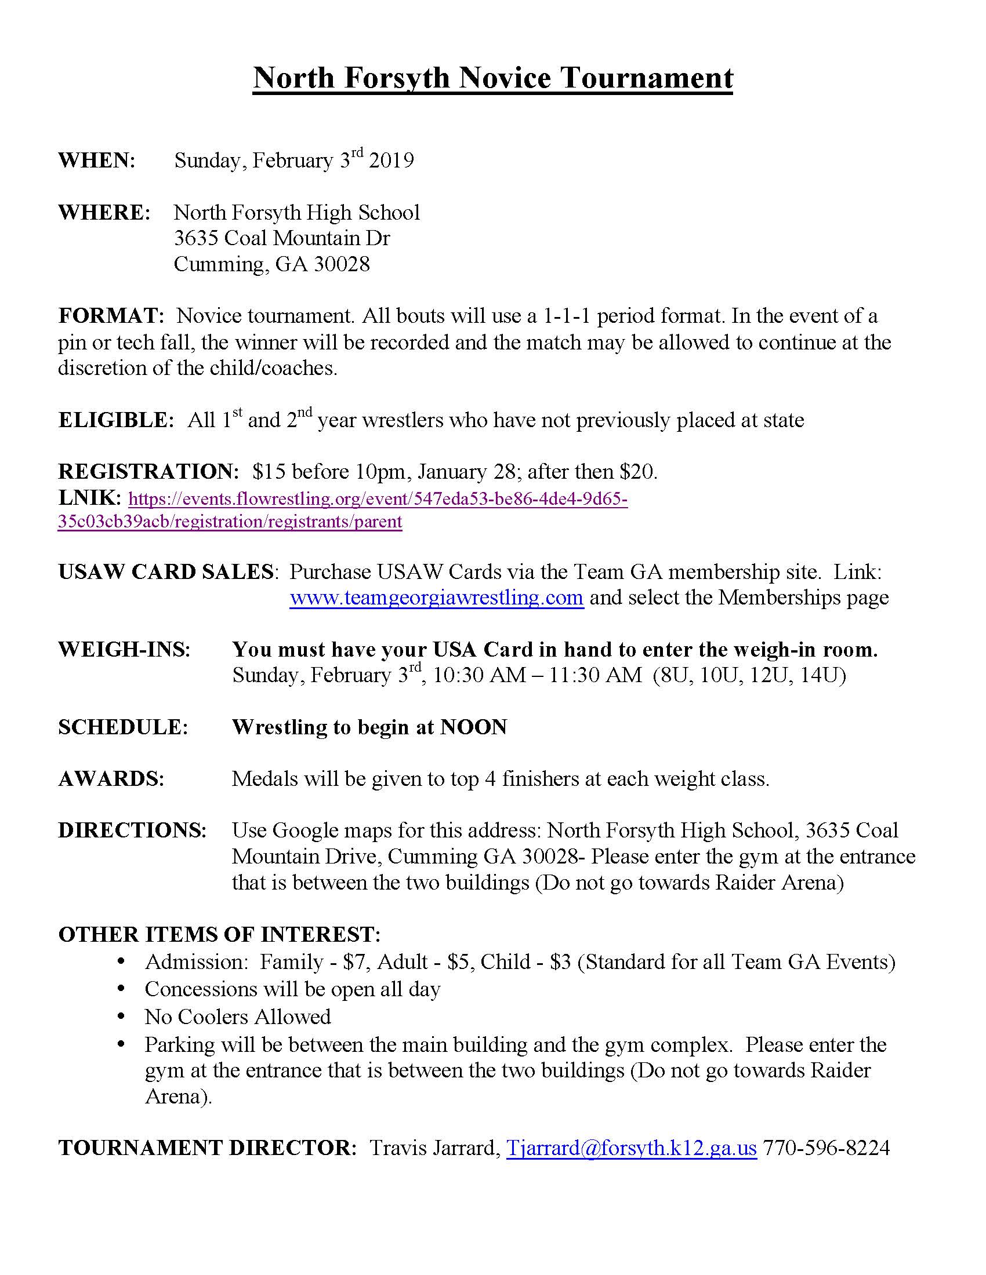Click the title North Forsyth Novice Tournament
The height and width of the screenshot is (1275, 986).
[492, 78]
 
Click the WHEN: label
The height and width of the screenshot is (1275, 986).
[97, 160]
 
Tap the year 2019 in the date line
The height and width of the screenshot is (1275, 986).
[391, 160]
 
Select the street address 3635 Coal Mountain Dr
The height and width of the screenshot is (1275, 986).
[281, 238]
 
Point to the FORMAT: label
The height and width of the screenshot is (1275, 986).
[111, 316]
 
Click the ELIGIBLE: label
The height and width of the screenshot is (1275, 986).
[115, 420]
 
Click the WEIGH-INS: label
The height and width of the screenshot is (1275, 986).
[125, 649]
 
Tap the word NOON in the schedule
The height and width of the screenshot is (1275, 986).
[473, 727]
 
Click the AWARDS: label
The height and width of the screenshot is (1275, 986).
[111, 778]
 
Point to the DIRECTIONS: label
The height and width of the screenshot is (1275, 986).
[132, 830]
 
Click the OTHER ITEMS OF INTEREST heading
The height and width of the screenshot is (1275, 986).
[219, 934]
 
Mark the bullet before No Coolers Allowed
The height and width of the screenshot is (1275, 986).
[121, 1018]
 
